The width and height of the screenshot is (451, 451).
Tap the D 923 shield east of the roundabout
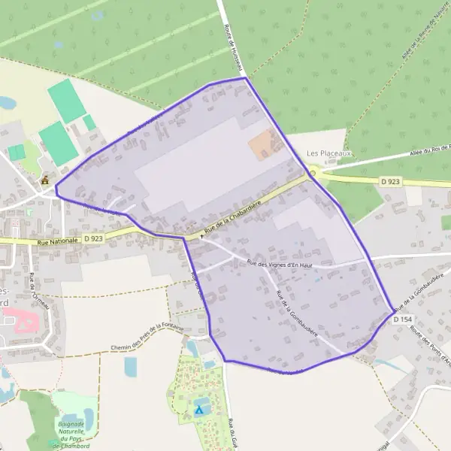tap(389, 181)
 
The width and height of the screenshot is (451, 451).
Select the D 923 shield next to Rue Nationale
tap(93, 238)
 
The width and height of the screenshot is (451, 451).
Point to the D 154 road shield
tap(402, 319)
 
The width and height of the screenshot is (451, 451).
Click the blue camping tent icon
tap(199, 410)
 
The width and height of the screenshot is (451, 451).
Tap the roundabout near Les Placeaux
tap(312, 173)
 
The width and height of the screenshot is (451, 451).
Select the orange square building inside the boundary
tap(262, 144)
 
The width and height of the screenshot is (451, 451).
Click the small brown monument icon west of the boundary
tap(45, 180)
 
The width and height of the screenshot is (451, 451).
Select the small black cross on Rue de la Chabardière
tap(201, 236)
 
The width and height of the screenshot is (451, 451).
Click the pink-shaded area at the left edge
tap(24, 325)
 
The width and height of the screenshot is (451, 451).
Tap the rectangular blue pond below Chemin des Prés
tap(130, 366)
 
